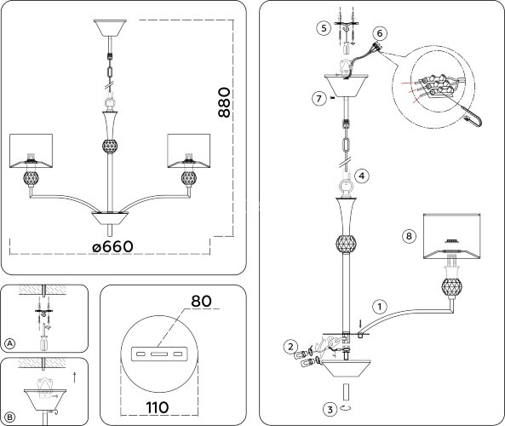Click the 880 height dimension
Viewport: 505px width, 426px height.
[225, 102]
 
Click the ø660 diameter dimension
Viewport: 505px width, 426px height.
[112, 247]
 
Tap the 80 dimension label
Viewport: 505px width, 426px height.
[201, 301]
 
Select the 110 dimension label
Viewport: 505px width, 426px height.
[158, 407]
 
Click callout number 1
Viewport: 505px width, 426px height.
[380, 307]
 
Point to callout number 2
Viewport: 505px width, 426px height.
[291, 347]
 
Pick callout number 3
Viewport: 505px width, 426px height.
[330, 409]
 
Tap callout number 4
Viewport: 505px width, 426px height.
[362, 176]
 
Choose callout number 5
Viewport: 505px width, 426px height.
[324, 28]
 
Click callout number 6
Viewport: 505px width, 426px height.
[380, 33]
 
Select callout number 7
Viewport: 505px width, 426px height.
[319, 98]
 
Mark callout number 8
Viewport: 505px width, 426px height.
[409, 236]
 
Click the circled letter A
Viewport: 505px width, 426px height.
[10, 343]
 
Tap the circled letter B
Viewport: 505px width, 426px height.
[10, 417]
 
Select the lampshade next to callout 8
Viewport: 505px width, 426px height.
[452, 236]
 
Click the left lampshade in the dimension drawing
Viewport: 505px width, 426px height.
[31, 151]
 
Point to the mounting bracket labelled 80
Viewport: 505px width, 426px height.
[159, 354]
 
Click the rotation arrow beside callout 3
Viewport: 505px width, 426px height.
[346, 407]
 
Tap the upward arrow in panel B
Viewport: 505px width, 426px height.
[75, 377]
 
